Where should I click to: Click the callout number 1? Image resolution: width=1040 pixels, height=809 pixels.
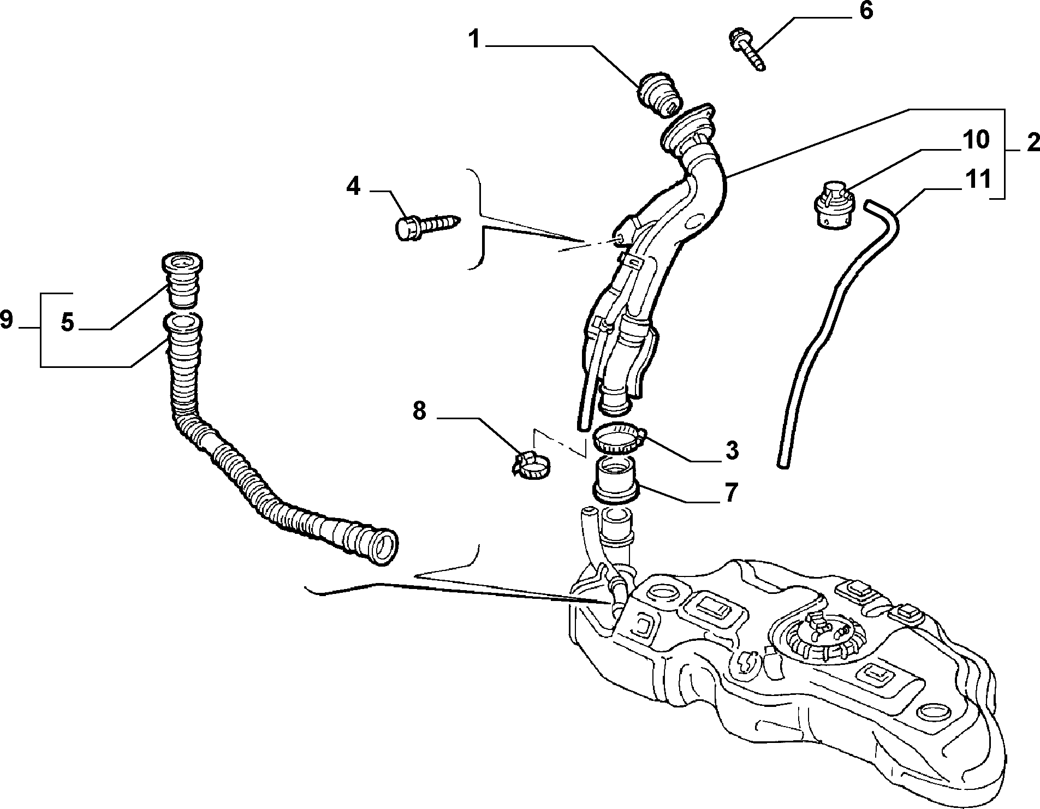click(476, 40)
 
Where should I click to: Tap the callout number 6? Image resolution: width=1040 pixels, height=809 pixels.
click(866, 11)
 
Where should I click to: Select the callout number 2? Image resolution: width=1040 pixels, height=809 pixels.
click(1032, 143)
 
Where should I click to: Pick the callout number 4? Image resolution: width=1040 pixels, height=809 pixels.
click(353, 187)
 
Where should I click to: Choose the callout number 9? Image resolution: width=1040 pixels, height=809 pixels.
click(7, 319)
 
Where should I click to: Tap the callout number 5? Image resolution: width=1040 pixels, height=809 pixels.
click(67, 323)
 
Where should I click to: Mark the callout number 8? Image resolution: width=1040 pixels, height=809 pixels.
click(419, 411)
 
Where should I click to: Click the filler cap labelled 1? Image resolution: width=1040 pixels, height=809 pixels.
click(660, 93)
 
